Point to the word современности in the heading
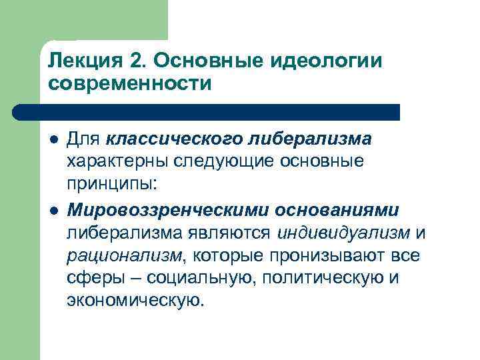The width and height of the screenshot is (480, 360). (x=129, y=84)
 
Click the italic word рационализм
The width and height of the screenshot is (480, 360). (x=124, y=255)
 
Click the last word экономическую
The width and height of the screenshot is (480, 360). (x=132, y=301)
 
